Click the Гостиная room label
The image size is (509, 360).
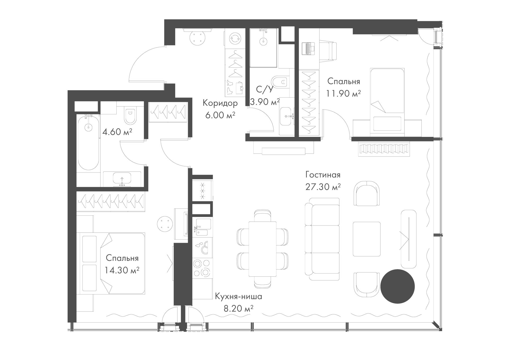[323, 175]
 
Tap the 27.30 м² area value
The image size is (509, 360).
[323, 187]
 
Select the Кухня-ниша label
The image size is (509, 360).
[238, 296]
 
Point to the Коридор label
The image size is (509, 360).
[220, 103]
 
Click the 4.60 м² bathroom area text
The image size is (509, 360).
[117, 132]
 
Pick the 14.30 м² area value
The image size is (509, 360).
[122, 270]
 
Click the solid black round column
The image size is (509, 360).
[397, 286]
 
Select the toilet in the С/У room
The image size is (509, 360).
[280, 82]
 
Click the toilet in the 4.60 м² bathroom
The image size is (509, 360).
[130, 116]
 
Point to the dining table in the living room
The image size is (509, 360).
[263, 249]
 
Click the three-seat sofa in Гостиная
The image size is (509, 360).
[322, 239]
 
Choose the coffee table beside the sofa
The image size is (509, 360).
[367, 239]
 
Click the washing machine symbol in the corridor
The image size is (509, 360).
[235, 38]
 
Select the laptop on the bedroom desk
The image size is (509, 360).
[308, 49]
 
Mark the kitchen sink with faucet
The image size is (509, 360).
[203, 227]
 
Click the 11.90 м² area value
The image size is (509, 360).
[343, 93]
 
